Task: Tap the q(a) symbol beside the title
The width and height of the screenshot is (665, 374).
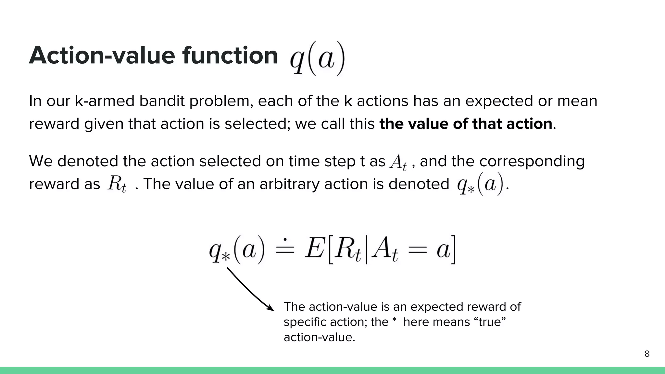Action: tap(317, 58)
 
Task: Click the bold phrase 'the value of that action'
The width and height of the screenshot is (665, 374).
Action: tap(466, 124)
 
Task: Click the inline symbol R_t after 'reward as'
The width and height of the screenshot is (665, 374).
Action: tap(117, 184)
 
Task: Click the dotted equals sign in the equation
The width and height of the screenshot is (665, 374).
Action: tap(284, 249)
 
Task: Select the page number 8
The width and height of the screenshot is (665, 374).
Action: tap(647, 354)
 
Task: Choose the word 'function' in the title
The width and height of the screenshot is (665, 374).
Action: tap(230, 56)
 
